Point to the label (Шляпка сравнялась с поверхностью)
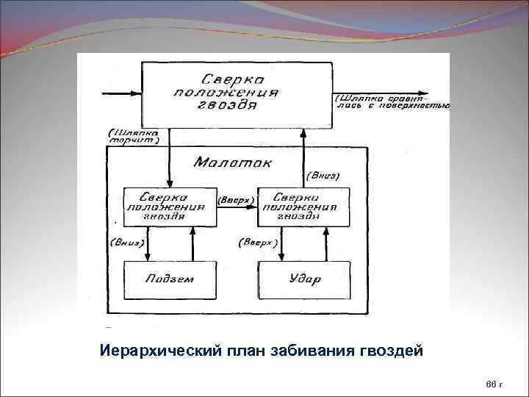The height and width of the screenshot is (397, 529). coord(392,101)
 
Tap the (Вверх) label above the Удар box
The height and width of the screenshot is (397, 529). coord(258,241)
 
